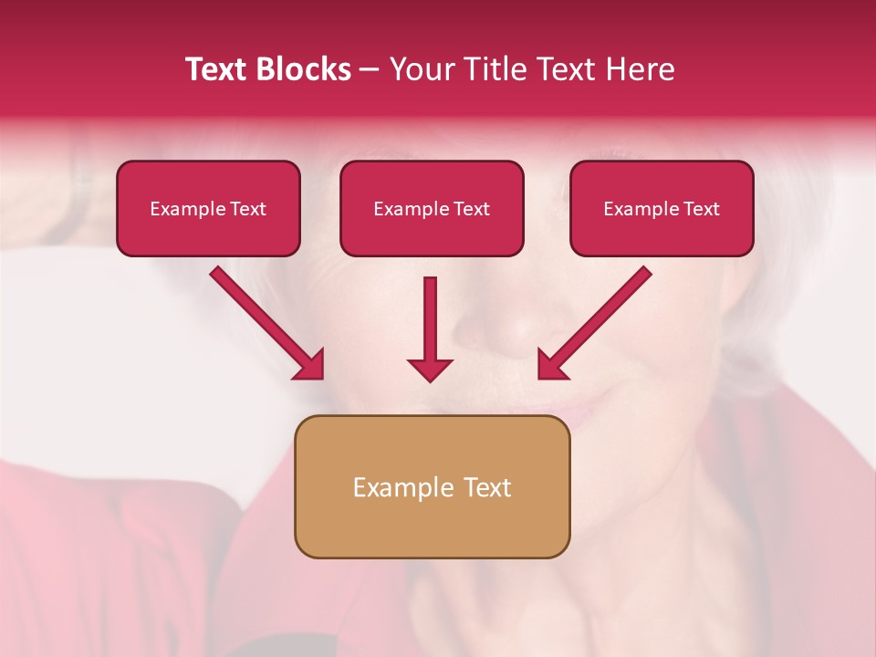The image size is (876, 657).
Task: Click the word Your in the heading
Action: (x=420, y=69)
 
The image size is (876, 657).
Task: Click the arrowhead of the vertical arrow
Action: (x=430, y=370)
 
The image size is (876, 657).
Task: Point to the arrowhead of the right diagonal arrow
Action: (x=550, y=366)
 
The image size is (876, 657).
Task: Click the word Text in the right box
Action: (x=701, y=209)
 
